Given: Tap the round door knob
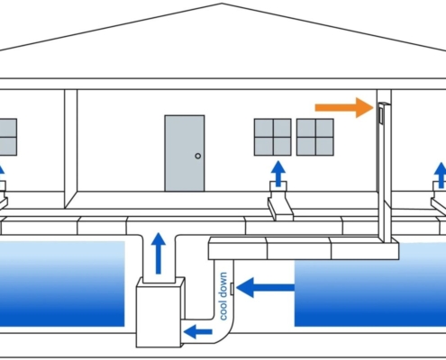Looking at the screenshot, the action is (x=198, y=156).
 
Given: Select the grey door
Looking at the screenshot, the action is (x=185, y=153).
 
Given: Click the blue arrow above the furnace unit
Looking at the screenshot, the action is (x=159, y=253).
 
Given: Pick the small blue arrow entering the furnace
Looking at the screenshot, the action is (x=198, y=331).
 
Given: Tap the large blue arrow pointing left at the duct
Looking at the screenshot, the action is (x=265, y=287).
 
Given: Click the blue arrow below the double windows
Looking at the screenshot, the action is (x=278, y=174).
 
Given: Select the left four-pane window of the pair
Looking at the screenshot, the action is (x=273, y=137).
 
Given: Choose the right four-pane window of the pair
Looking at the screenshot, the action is (x=315, y=137).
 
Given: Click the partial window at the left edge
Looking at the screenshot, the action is (x=8, y=137).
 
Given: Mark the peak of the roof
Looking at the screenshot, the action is (x=222, y=4).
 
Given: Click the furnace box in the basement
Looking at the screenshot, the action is (x=160, y=312).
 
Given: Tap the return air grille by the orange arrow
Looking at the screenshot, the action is (x=381, y=115).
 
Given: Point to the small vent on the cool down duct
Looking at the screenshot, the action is (x=232, y=289).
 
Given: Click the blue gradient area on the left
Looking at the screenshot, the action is (x=62, y=283).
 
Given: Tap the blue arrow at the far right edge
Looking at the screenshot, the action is (x=441, y=175).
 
